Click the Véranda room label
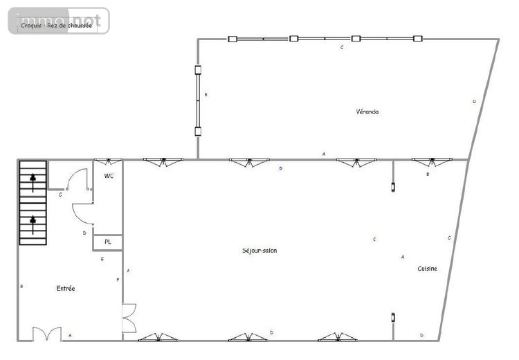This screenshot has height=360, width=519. pos(367,111)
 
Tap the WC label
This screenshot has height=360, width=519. pos(109,177)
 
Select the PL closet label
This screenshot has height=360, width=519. pos(108,242)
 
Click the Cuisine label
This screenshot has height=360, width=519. pos(427,269)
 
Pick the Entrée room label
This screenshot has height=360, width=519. pos(66,288)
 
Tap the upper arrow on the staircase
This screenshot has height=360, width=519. pos(33,179)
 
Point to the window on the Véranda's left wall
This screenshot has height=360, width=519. pos(198,100)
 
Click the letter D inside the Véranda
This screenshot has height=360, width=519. pos(474,101)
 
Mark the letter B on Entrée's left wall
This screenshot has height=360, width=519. pos(23,285)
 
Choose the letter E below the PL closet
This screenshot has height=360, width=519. pos(102,259)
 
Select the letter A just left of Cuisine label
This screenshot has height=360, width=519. pos(403,257)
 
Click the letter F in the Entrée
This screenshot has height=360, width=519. pos(118,279)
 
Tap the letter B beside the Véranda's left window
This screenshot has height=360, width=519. pos(206,94)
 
